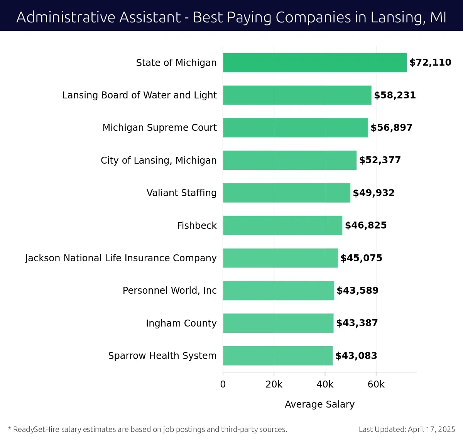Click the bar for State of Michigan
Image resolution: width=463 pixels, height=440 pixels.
pos(314,63)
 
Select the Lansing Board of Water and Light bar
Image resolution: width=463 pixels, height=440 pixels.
pos(297,95)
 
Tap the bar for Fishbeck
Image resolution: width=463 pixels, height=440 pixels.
pos(282,225)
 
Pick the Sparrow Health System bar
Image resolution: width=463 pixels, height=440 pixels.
pos(278,355)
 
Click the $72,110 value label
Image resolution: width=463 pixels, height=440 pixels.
pos(430,63)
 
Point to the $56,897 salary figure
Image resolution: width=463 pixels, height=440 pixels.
pos(391,128)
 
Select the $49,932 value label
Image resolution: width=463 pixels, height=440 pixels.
pos(373,193)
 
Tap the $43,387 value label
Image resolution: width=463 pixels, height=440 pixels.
pos(357,323)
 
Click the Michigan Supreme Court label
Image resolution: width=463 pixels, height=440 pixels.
pos(159,128)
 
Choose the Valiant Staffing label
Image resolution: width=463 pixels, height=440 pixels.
pos(181,193)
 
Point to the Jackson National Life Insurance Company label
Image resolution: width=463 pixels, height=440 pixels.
pos(121,258)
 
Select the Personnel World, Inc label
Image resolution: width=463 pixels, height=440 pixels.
pos(169,291)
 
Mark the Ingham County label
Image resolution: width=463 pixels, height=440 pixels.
pos(181,323)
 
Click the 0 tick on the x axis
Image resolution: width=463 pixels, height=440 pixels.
pos(223,384)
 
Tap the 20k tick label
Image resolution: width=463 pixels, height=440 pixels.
pos(274,384)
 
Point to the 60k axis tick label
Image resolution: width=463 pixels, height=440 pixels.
pos(376,384)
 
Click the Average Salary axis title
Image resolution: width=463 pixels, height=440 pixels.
pos(319,404)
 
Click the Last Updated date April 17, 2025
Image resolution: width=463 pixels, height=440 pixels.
pos(431,429)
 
